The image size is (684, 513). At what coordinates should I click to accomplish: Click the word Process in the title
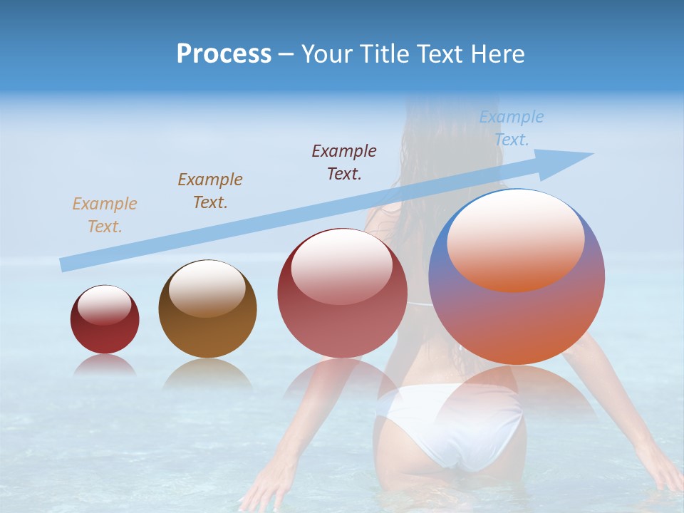(x=224, y=53)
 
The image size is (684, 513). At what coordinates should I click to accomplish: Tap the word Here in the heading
(x=499, y=53)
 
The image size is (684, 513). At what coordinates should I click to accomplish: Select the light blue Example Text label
(x=512, y=128)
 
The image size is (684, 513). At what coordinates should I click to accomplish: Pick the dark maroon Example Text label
(x=344, y=162)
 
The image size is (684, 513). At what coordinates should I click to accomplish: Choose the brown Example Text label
(x=210, y=190)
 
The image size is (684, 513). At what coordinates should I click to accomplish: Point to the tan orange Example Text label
(x=105, y=214)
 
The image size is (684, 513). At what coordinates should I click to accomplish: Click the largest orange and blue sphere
(x=517, y=321)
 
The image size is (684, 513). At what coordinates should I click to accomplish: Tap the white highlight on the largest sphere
(x=516, y=239)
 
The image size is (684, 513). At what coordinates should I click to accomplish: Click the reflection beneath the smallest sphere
(x=105, y=366)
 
